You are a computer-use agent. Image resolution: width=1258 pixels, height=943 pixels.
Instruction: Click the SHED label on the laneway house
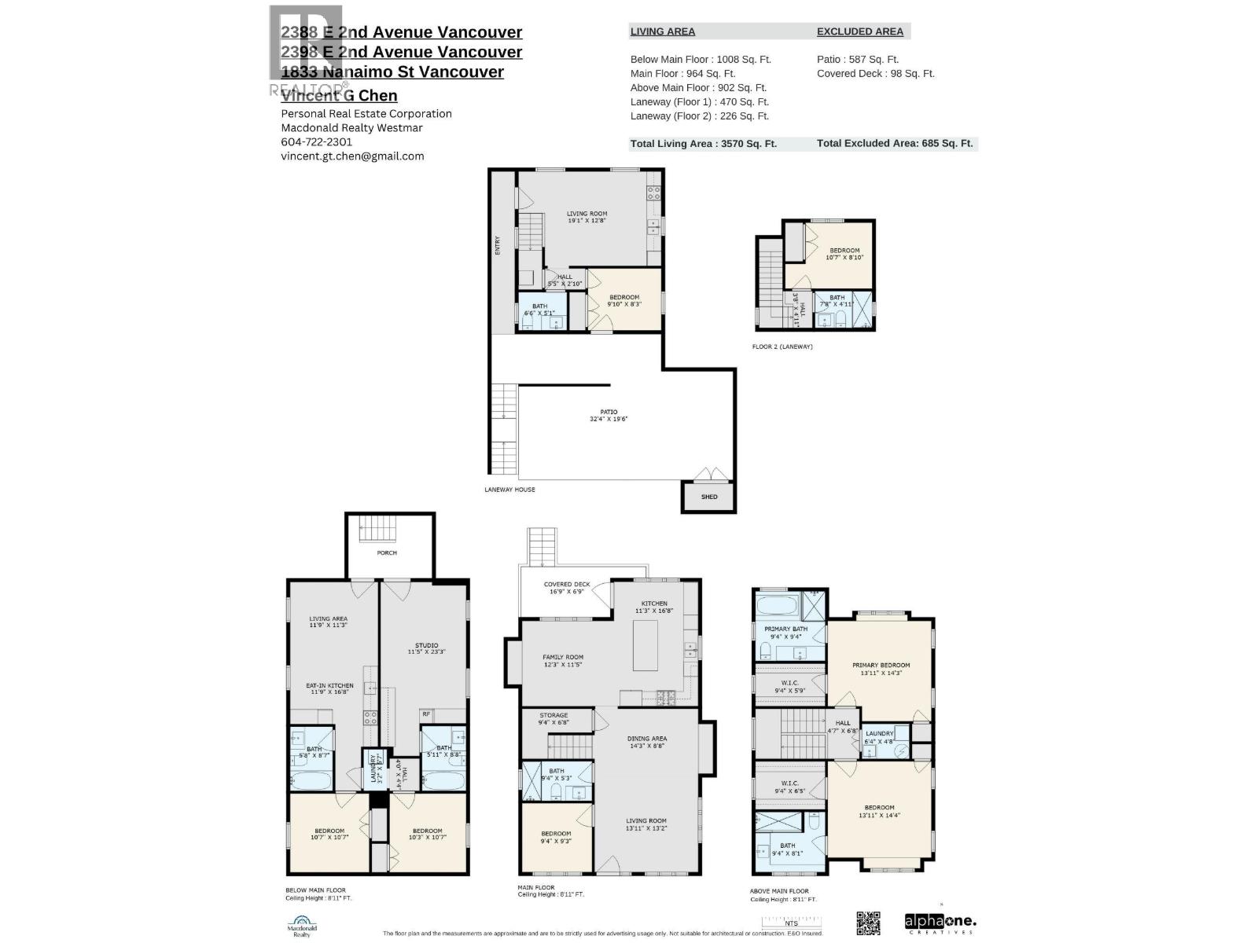tap(709, 497)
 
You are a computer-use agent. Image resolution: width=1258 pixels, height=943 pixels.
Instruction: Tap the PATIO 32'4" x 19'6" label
tap(609, 415)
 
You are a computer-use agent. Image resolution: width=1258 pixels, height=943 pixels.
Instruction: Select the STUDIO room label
tap(427, 648)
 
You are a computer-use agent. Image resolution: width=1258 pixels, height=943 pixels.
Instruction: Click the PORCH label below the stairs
tap(387, 552)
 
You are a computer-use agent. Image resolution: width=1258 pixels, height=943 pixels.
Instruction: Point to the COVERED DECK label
tap(567, 588)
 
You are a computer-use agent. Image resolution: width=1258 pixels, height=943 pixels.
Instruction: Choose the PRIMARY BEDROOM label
tap(881, 669)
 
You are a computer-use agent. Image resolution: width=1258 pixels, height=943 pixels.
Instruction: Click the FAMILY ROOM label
tap(563, 661)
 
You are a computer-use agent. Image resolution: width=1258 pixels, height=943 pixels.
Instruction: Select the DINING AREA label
tap(647, 742)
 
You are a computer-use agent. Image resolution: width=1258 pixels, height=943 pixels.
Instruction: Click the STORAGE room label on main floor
tap(554, 719)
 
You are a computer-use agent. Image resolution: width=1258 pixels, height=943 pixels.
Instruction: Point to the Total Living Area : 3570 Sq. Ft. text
tap(703, 144)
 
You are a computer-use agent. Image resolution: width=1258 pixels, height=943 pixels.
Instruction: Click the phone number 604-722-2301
tap(316, 142)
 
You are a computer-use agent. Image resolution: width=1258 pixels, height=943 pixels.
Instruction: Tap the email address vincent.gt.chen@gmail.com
tap(352, 156)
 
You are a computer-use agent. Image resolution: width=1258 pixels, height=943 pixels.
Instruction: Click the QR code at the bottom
tap(868, 923)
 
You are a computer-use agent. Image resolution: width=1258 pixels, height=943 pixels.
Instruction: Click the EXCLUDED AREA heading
tap(859, 31)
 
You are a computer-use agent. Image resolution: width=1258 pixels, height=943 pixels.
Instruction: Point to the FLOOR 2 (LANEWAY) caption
tap(782, 347)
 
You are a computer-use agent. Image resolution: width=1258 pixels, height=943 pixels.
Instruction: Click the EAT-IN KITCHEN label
tap(329, 689)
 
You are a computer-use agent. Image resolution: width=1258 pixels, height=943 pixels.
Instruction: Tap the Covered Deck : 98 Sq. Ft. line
tap(875, 74)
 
